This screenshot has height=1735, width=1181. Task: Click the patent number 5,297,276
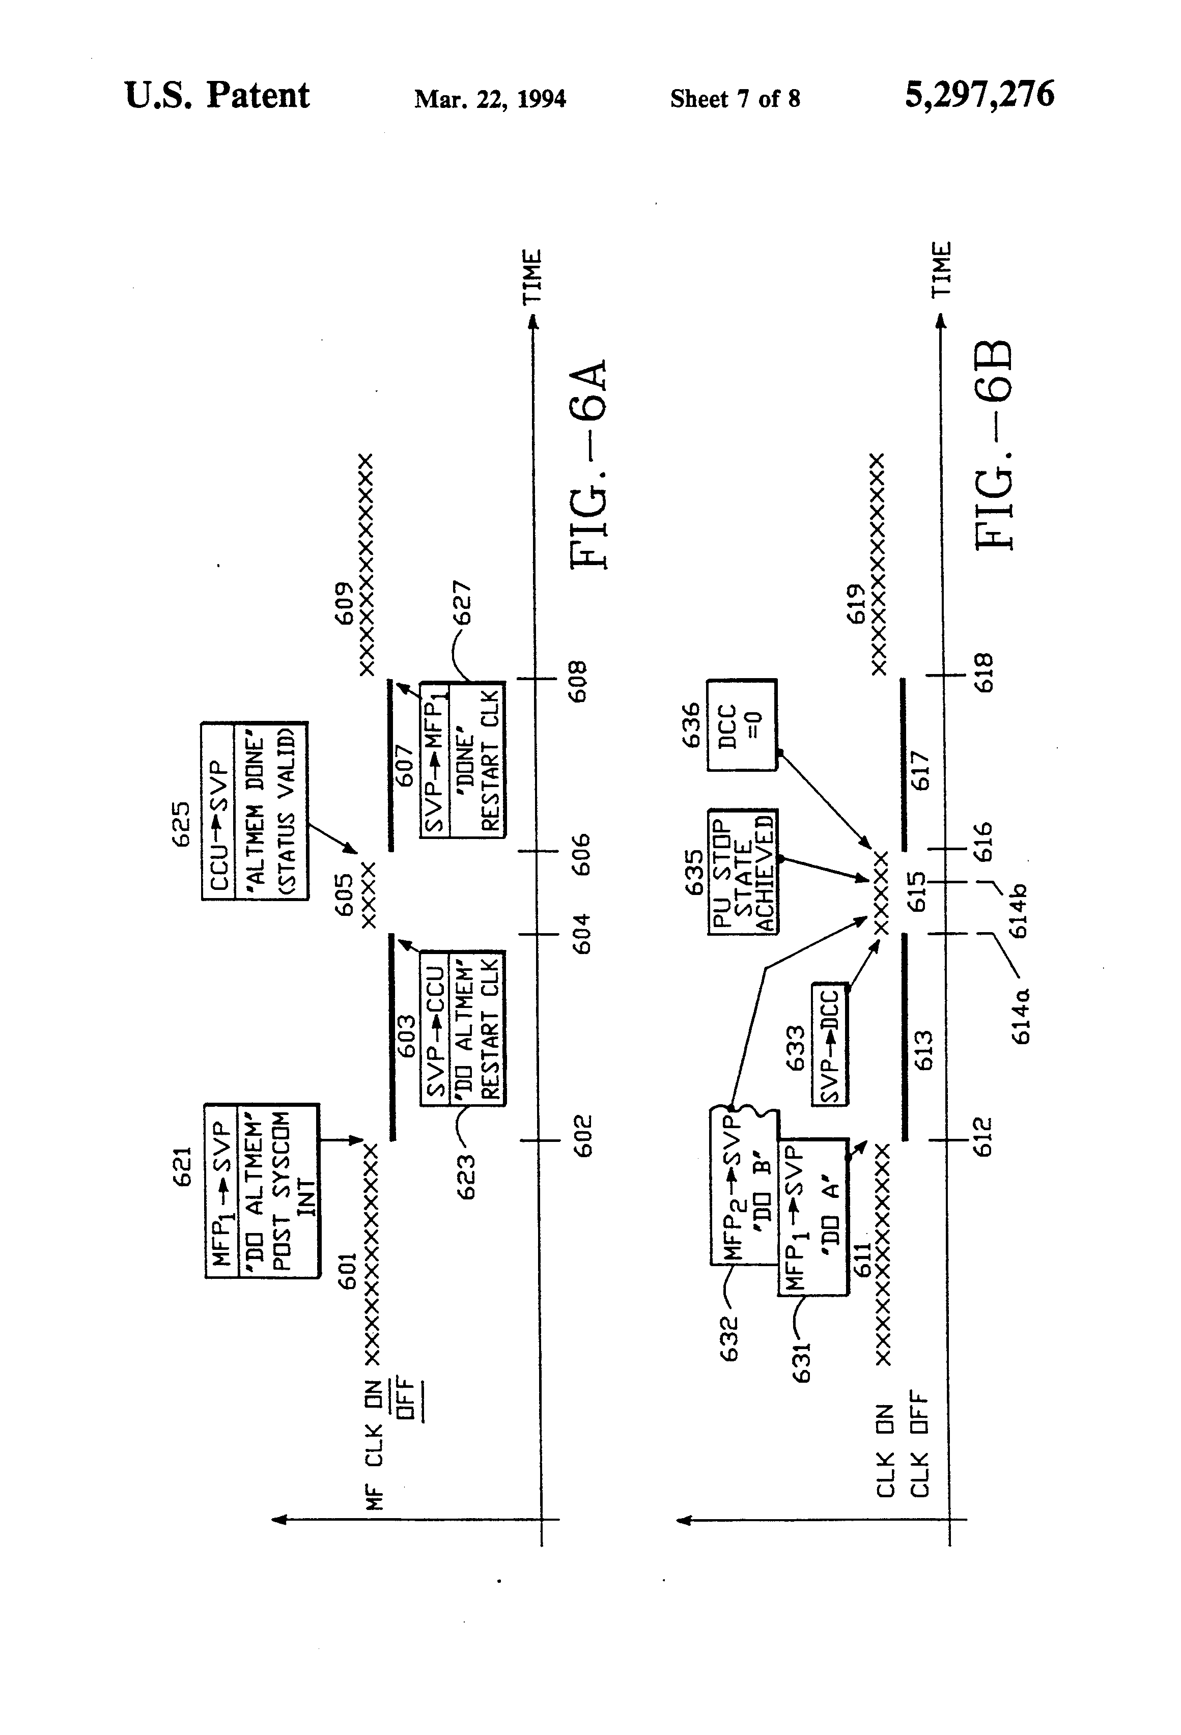[979, 96]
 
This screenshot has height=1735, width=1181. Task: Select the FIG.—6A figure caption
[590, 466]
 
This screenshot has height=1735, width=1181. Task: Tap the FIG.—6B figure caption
[995, 445]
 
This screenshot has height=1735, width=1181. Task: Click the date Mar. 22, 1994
[490, 99]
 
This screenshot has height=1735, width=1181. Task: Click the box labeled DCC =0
[741, 725]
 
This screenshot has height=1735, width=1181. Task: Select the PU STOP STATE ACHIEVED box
[743, 871]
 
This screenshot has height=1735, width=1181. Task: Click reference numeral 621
[183, 1166]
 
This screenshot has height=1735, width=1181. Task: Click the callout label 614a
[1021, 1016]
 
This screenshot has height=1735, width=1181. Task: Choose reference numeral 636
[691, 724]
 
